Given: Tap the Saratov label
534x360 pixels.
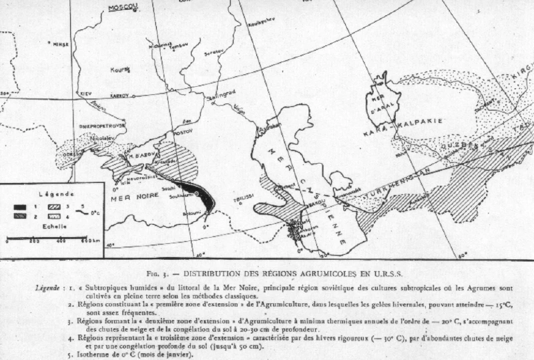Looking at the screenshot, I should pos(214,50).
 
